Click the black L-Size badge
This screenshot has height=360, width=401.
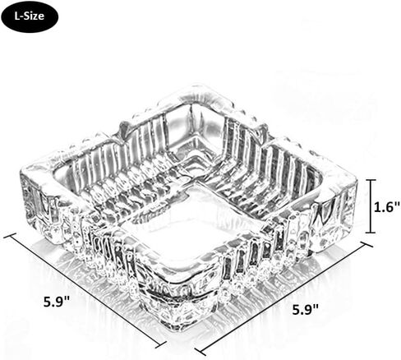(30, 16)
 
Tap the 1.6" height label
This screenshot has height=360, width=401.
(387, 207)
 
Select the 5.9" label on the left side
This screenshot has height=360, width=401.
(57, 302)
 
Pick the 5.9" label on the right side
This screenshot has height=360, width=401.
(306, 309)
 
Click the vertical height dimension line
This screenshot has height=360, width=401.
(371, 206)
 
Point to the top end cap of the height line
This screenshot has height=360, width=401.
(371, 180)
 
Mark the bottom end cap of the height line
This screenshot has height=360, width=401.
(371, 233)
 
